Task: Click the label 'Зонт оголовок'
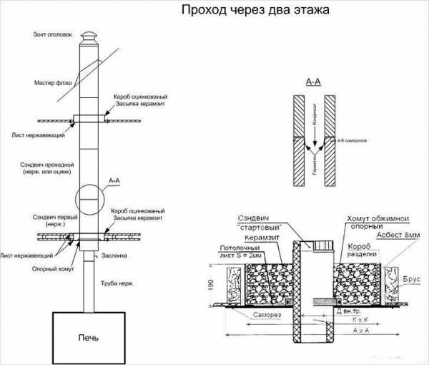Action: coord(53,34)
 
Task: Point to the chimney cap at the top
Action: coord(88,37)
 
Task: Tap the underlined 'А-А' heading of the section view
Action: coord(313,82)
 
